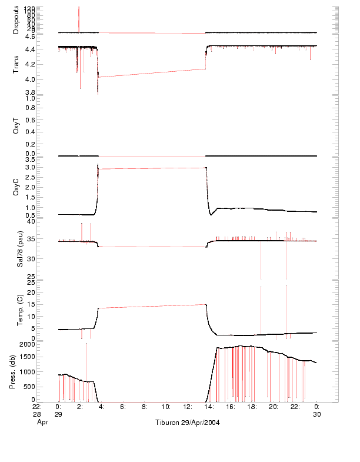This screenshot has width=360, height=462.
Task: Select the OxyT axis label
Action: click(16, 127)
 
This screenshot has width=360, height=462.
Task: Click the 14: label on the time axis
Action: click(208, 406)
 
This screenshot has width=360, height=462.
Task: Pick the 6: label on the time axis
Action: click(122, 406)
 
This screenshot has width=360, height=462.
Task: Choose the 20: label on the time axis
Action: click(274, 406)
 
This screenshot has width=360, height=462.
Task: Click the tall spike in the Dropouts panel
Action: click(79, 18)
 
